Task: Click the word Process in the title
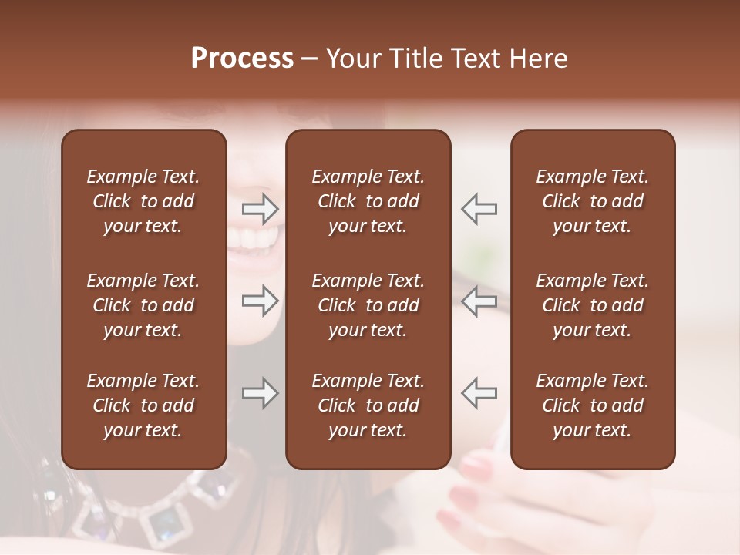(242, 59)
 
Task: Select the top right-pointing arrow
(261, 207)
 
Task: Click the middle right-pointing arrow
(261, 301)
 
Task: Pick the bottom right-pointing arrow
(261, 394)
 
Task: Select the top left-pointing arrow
(479, 207)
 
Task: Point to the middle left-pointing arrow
(479, 301)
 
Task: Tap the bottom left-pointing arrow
(479, 392)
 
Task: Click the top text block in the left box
(143, 201)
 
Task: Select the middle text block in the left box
(143, 305)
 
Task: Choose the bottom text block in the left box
(143, 405)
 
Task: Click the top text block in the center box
(368, 201)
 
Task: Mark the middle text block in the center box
(368, 305)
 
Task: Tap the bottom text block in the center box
(368, 405)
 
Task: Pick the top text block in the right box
(593, 201)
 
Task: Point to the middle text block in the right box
(593, 305)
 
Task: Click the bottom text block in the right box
(593, 405)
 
